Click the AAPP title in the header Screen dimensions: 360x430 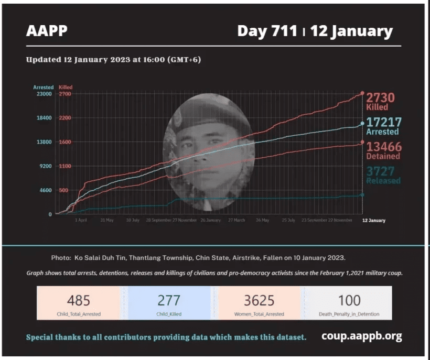(x=47, y=31)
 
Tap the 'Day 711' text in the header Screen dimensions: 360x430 (x=267, y=31)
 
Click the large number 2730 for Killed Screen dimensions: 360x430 (x=380, y=97)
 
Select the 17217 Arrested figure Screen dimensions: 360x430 (x=383, y=122)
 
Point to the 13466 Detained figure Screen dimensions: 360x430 (x=383, y=146)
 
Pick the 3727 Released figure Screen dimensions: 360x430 (x=380, y=171)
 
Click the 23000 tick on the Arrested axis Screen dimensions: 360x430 (x=43, y=94)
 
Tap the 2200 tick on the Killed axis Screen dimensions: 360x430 (x=65, y=118)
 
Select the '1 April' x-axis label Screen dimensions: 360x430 (x=81, y=221)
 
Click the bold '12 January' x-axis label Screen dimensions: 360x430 (x=374, y=221)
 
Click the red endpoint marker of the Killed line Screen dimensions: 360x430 (x=362, y=94)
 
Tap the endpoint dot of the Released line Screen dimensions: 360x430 (x=362, y=195)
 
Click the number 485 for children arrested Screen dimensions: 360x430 (x=79, y=300)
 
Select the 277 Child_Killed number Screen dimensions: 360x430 (x=169, y=300)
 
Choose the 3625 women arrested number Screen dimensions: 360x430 (x=259, y=300)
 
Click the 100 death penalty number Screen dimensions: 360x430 (x=349, y=300)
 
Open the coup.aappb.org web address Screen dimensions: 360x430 (x=362, y=336)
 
